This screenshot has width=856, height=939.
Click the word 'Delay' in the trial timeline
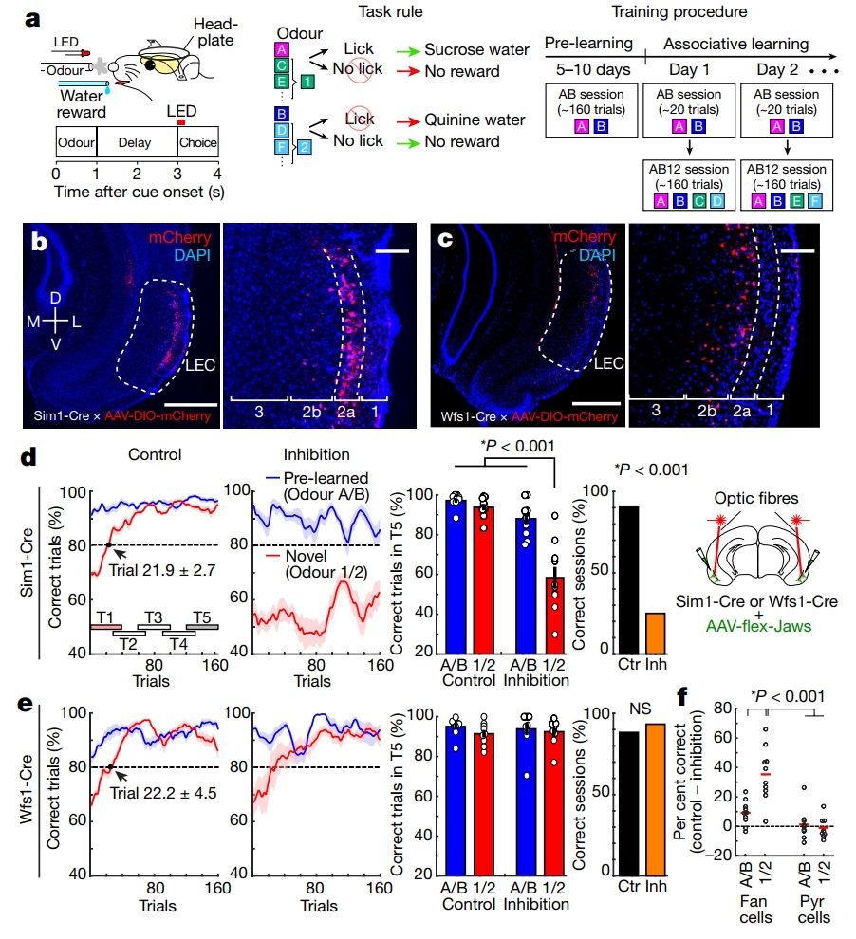(136, 143)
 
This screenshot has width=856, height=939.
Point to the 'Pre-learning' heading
(590, 45)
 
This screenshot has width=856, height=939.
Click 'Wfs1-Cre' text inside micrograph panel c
(470, 414)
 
